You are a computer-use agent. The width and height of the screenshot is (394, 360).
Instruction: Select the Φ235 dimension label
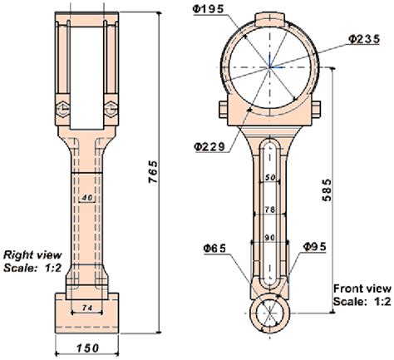pyautogui.click(x=362, y=39)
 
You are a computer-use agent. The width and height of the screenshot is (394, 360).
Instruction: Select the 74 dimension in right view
pyautogui.click(x=86, y=308)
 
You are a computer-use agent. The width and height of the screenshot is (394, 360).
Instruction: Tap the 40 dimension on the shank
pyautogui.click(x=86, y=199)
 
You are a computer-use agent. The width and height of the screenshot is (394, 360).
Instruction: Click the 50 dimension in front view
pyautogui.click(x=268, y=178)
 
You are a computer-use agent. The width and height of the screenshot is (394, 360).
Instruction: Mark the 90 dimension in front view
pyautogui.click(x=268, y=238)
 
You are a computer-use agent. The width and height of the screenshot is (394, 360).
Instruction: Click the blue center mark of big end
pyautogui.click(x=271, y=66)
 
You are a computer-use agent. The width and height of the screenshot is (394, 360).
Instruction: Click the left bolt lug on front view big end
pyautogui.click(x=223, y=109)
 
